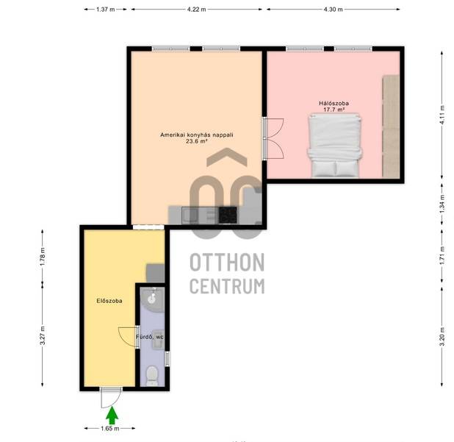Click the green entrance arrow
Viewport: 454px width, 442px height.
pos(112,416)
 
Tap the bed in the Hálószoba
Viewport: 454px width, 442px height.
pos(335,145)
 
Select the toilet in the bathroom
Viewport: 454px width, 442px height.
pos(152,376)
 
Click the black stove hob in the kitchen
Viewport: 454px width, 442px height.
pos(228,215)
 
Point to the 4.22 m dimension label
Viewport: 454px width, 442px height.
pos(197,10)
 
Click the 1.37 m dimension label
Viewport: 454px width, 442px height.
pos(105,10)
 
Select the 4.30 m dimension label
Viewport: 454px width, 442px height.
pos(333,10)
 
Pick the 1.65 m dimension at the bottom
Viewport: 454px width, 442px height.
pos(110,428)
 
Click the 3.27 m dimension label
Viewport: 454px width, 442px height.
pos(43,335)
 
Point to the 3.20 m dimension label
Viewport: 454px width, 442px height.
pos(442,336)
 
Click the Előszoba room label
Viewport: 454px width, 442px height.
pos(109,301)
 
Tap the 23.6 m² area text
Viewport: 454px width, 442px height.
pos(197,141)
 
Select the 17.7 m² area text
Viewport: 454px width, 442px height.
pos(334,110)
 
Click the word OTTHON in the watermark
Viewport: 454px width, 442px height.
pos(227,262)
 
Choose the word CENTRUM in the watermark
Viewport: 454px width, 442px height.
pos(227,286)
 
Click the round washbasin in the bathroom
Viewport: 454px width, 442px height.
pos(152,299)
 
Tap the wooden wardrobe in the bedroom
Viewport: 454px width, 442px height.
pos(391,126)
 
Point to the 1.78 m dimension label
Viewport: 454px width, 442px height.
pos(43,257)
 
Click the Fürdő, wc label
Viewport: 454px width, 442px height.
pos(150,337)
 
